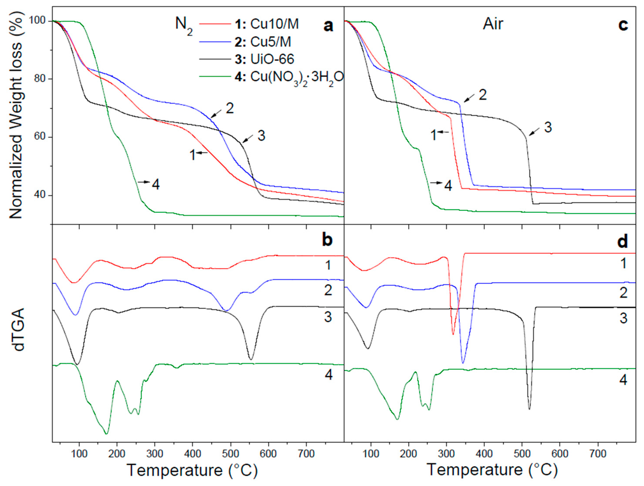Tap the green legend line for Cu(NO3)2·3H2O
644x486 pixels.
click(x=214, y=77)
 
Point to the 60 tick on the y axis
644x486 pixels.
click(x=41, y=138)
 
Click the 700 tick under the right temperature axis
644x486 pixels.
click(x=598, y=453)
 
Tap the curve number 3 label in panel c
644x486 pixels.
click(x=548, y=128)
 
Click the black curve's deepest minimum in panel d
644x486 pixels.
click(x=529, y=409)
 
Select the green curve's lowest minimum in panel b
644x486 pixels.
click(x=106, y=434)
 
